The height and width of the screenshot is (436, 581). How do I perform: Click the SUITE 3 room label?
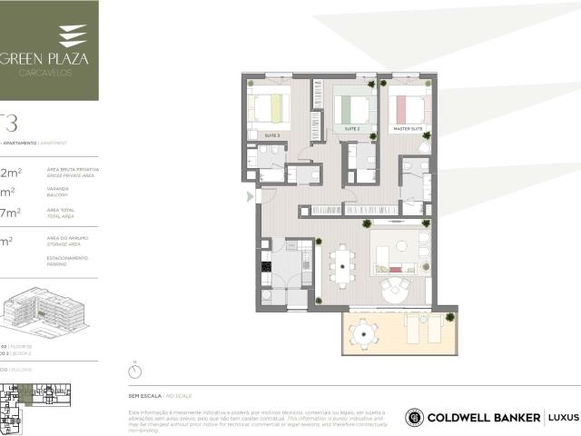click(x=271, y=134)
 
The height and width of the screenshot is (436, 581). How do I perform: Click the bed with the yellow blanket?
click(x=270, y=109)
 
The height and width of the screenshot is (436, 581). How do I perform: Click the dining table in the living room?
click(x=342, y=267)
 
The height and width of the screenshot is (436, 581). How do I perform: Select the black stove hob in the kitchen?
click(x=266, y=266)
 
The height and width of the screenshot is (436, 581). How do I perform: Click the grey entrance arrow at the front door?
click(x=251, y=195)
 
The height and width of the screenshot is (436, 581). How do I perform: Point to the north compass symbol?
click(x=135, y=371)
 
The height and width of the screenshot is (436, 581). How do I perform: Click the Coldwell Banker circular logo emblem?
click(x=415, y=418)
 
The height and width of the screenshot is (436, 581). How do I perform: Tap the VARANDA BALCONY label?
click(x=58, y=193)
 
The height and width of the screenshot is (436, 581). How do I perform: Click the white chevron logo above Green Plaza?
click(x=73, y=35)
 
